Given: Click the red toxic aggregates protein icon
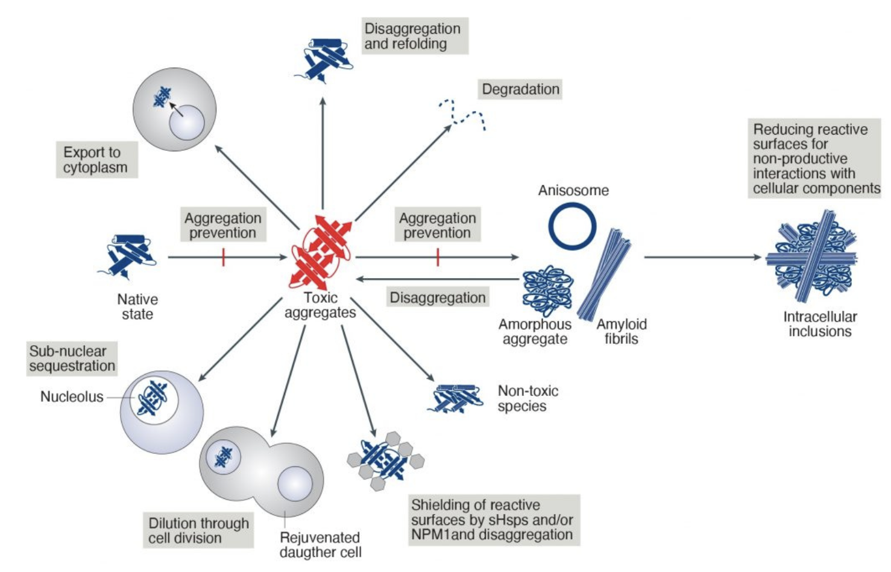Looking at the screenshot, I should click(x=320, y=253).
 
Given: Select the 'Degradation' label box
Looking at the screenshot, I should click(x=520, y=89).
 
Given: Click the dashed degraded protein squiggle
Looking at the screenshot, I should click(x=462, y=115).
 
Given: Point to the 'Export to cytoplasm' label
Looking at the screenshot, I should click(x=96, y=160).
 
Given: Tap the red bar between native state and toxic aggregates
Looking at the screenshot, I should click(x=223, y=257).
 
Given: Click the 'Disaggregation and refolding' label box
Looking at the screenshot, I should click(x=413, y=36).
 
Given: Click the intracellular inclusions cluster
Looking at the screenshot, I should click(x=811, y=256).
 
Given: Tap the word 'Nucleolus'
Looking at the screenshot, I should click(x=72, y=396).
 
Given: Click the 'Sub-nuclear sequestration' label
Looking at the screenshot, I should click(x=72, y=358).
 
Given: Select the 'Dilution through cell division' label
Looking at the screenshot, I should click(x=198, y=530).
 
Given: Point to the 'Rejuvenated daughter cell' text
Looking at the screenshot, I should click(x=320, y=545).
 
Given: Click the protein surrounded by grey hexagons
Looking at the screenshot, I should click(x=385, y=460).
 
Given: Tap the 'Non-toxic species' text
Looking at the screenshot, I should click(x=527, y=398).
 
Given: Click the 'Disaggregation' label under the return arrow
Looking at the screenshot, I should click(x=437, y=297).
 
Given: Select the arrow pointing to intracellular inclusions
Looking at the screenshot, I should click(x=702, y=257).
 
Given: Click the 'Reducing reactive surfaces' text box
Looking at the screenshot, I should click(x=814, y=159).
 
